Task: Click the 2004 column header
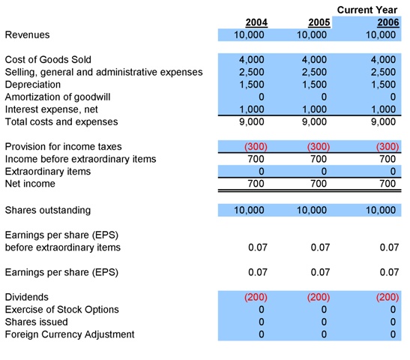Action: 256,22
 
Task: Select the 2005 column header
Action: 319,22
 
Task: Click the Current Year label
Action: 367,10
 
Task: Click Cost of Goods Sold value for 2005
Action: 314,59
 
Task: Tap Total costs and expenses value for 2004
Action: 252,121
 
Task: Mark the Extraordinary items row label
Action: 48,171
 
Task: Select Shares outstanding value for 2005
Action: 314,211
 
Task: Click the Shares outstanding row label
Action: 48,211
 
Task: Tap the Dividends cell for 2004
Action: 252,297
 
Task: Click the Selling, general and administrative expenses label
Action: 103,72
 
